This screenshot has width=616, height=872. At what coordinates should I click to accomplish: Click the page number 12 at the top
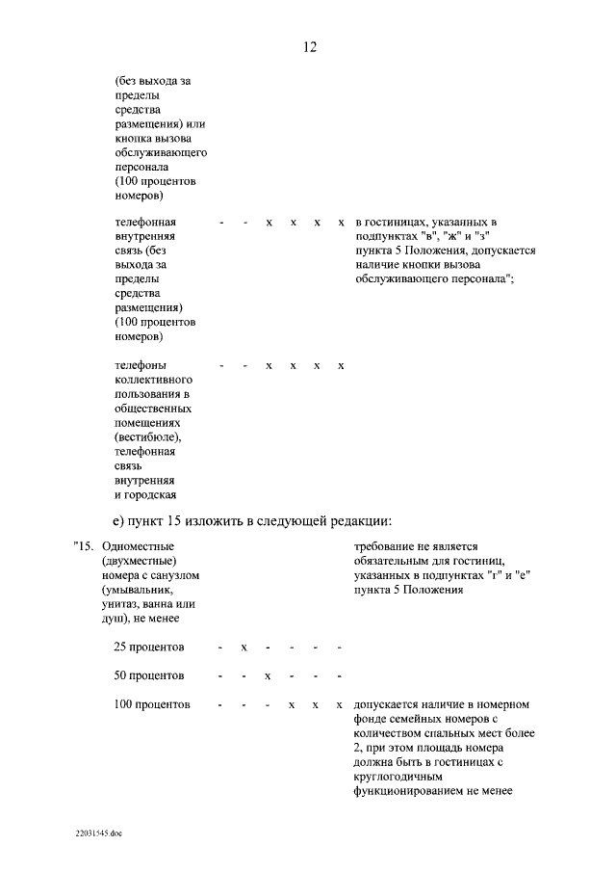[x=309, y=46]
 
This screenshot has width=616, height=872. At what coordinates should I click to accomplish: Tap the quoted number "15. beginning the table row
[x=86, y=546]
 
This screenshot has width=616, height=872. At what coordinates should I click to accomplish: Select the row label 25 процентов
[x=150, y=646]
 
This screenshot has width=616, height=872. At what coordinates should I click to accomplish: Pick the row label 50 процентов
[x=150, y=674]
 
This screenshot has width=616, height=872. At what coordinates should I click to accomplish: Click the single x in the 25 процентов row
[x=244, y=646]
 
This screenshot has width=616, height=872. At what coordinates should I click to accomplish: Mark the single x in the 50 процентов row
[x=269, y=674]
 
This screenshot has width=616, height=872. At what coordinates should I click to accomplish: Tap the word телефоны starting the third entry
[x=141, y=366]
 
